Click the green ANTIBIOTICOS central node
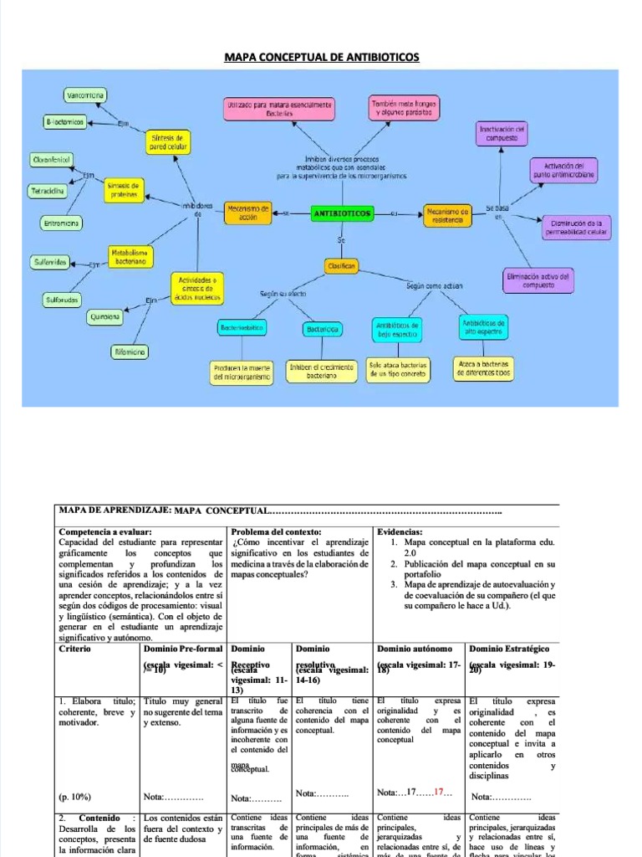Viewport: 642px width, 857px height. coord(342,214)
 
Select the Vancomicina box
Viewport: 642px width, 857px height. coord(84,96)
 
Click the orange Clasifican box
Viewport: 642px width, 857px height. coord(341,265)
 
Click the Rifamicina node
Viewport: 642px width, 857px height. coord(130,352)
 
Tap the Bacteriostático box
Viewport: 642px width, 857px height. coord(242,329)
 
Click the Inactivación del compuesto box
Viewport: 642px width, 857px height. coord(502,132)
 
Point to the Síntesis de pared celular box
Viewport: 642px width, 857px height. coord(166,141)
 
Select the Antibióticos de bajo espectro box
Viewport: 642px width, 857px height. coord(398,328)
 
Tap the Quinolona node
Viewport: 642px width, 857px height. coord(104,317)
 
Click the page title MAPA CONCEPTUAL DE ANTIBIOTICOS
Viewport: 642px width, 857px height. coord(322,57)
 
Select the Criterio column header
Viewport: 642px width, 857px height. coord(76,649)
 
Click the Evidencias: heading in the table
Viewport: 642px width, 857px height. coord(400,531)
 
